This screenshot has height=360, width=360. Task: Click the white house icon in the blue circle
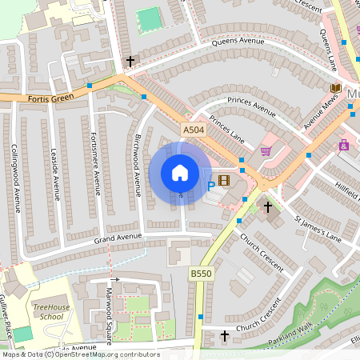180,173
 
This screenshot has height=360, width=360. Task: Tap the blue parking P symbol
211,186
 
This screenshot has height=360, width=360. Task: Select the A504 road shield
194,130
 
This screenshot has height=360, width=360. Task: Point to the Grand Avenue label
118,238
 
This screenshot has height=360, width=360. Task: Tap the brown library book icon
335,88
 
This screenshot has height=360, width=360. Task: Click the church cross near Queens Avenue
130,61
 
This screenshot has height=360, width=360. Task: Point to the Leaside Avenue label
56,175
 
